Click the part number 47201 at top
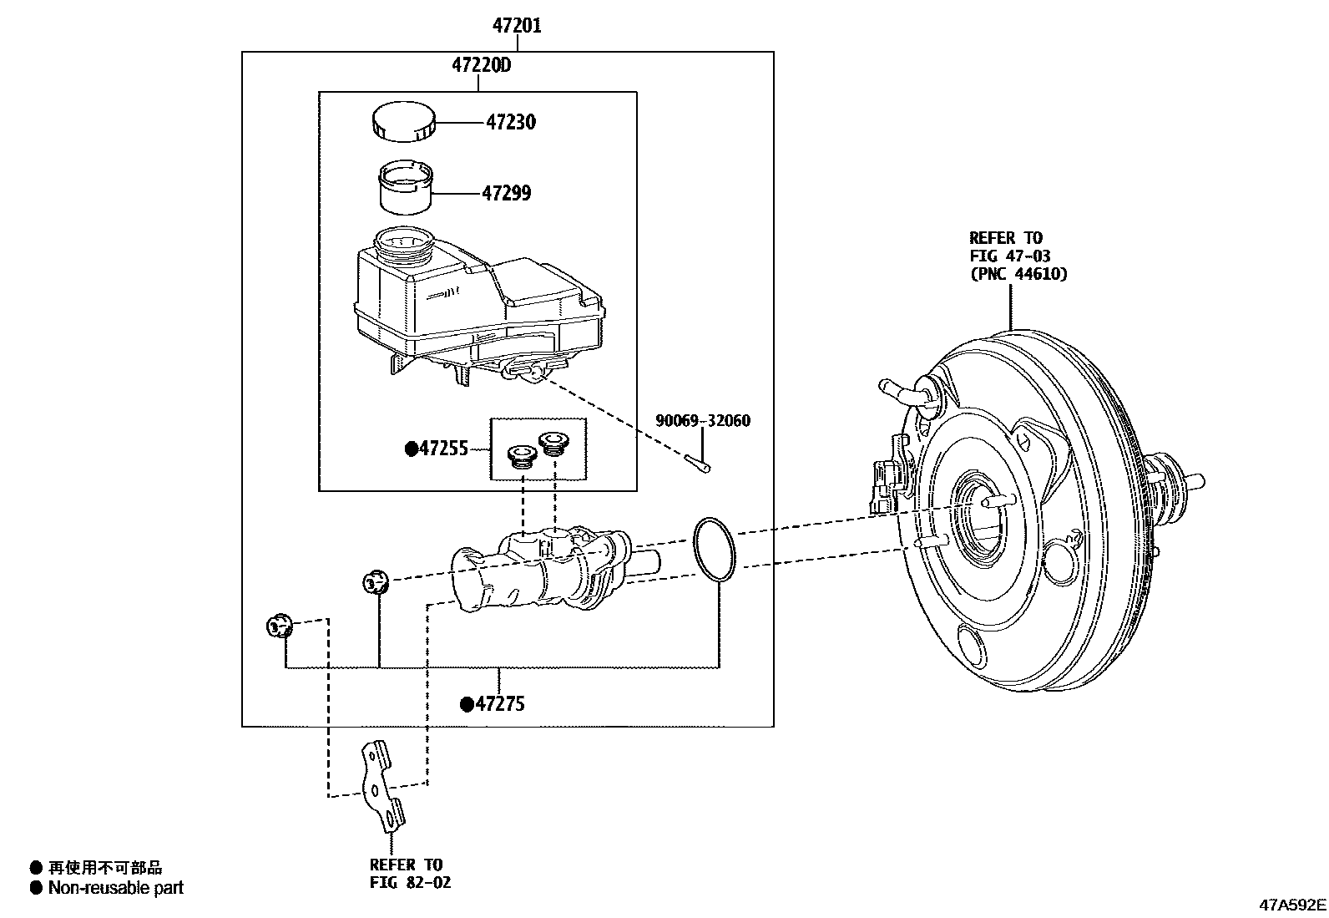[x=516, y=26]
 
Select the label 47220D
[x=481, y=64]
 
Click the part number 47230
[x=511, y=122]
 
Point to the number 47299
[x=506, y=194]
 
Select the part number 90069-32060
[x=702, y=421]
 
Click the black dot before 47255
[x=412, y=449]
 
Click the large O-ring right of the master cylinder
[x=715, y=548]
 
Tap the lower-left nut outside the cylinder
[x=277, y=625]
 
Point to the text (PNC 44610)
[x=1018, y=274]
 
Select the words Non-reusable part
[x=115, y=888]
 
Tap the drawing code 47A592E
[x=1292, y=905]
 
